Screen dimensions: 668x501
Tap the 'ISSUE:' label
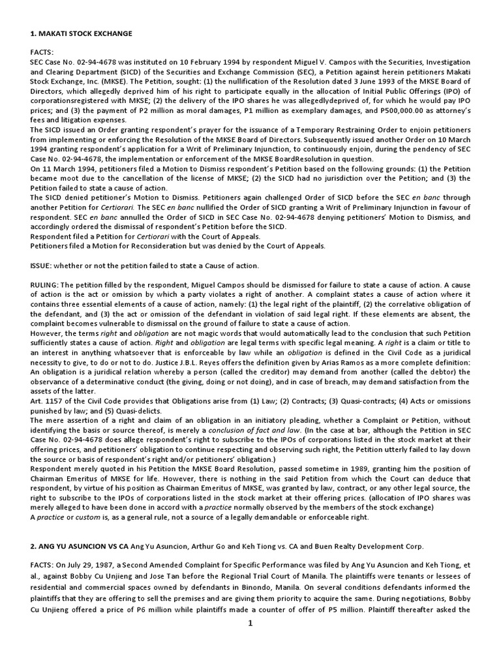(42, 266)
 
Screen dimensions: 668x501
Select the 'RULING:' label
(46, 286)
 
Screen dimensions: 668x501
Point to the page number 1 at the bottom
(250, 623)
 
